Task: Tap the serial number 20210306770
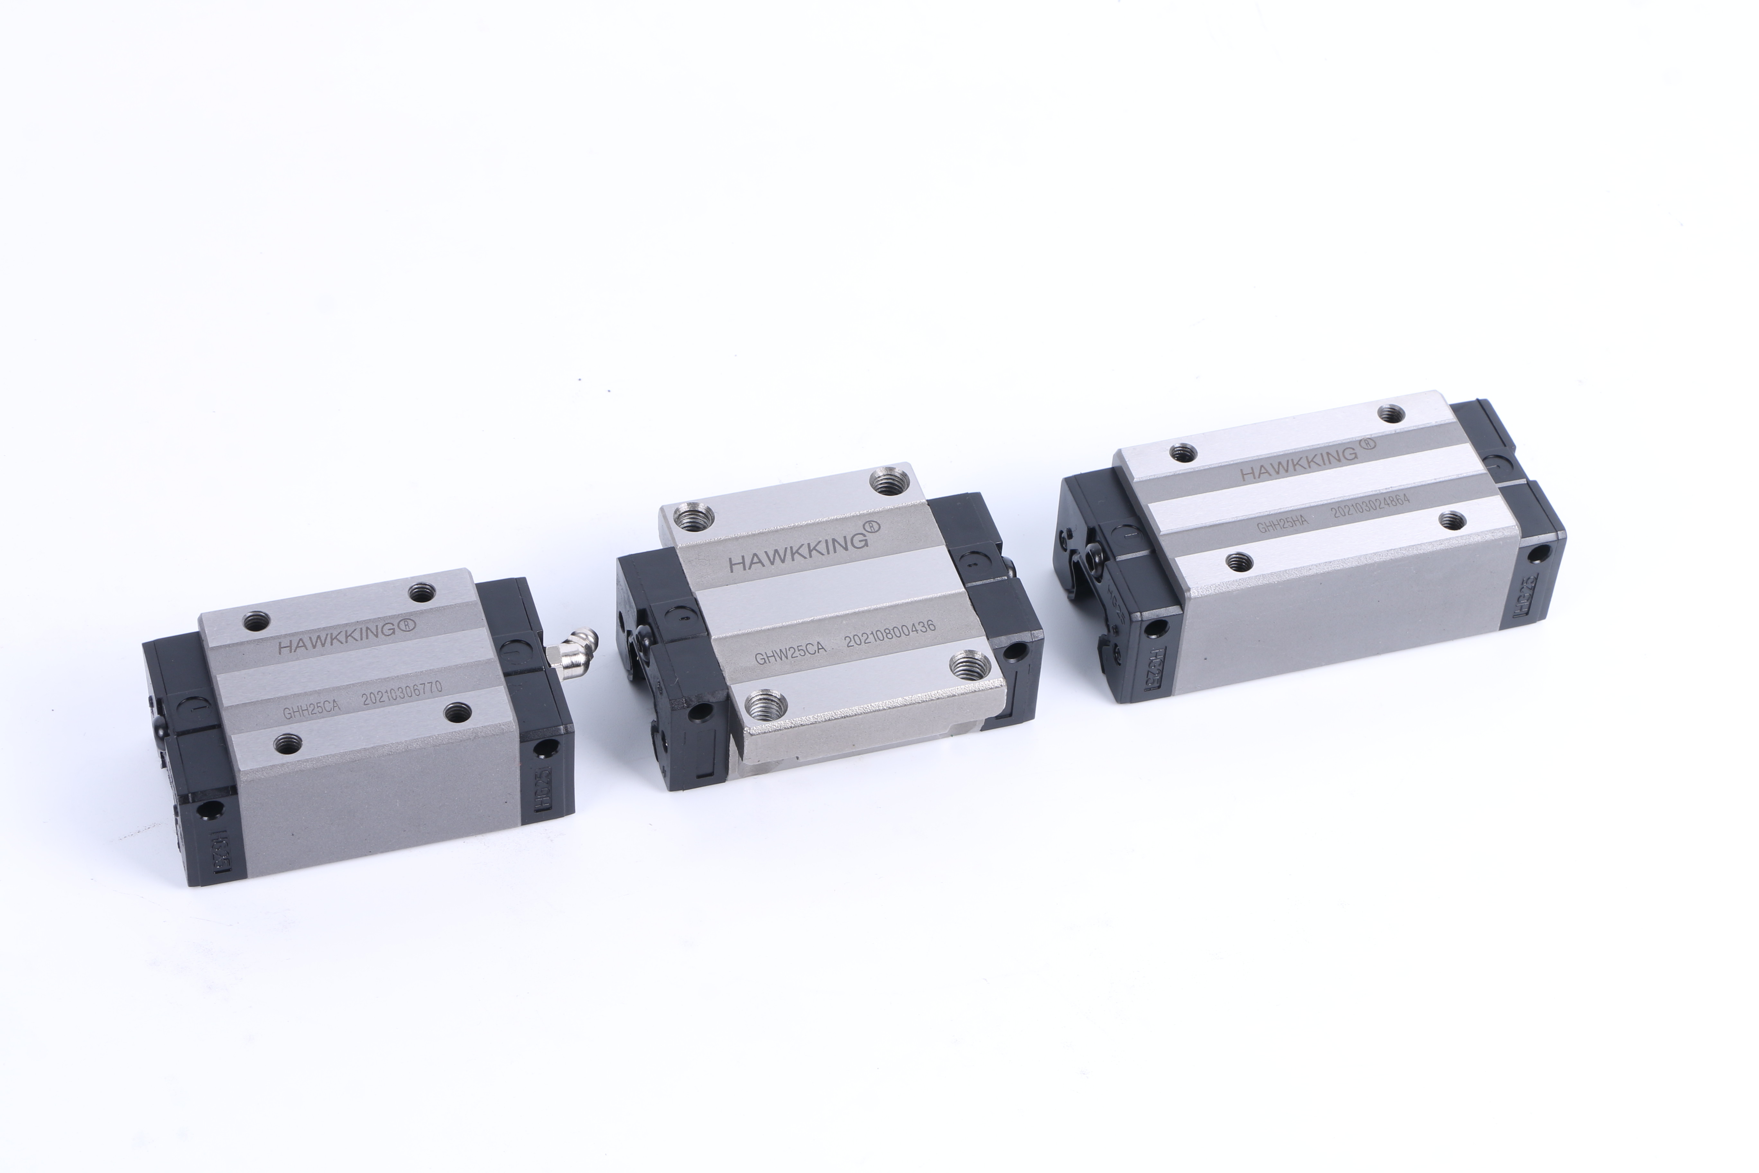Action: point(401,694)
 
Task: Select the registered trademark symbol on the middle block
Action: point(872,527)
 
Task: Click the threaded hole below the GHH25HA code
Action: point(1239,561)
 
